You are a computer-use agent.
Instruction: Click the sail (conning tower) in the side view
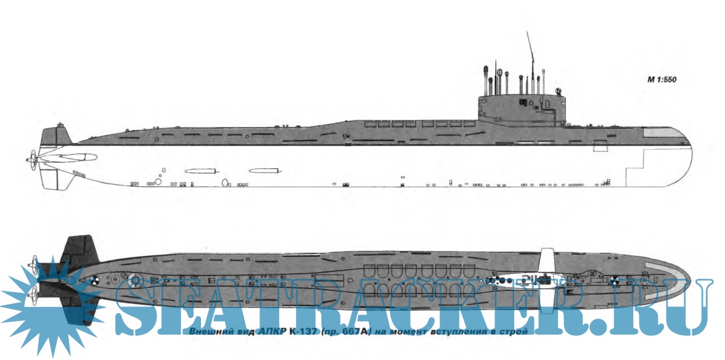(521, 106)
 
